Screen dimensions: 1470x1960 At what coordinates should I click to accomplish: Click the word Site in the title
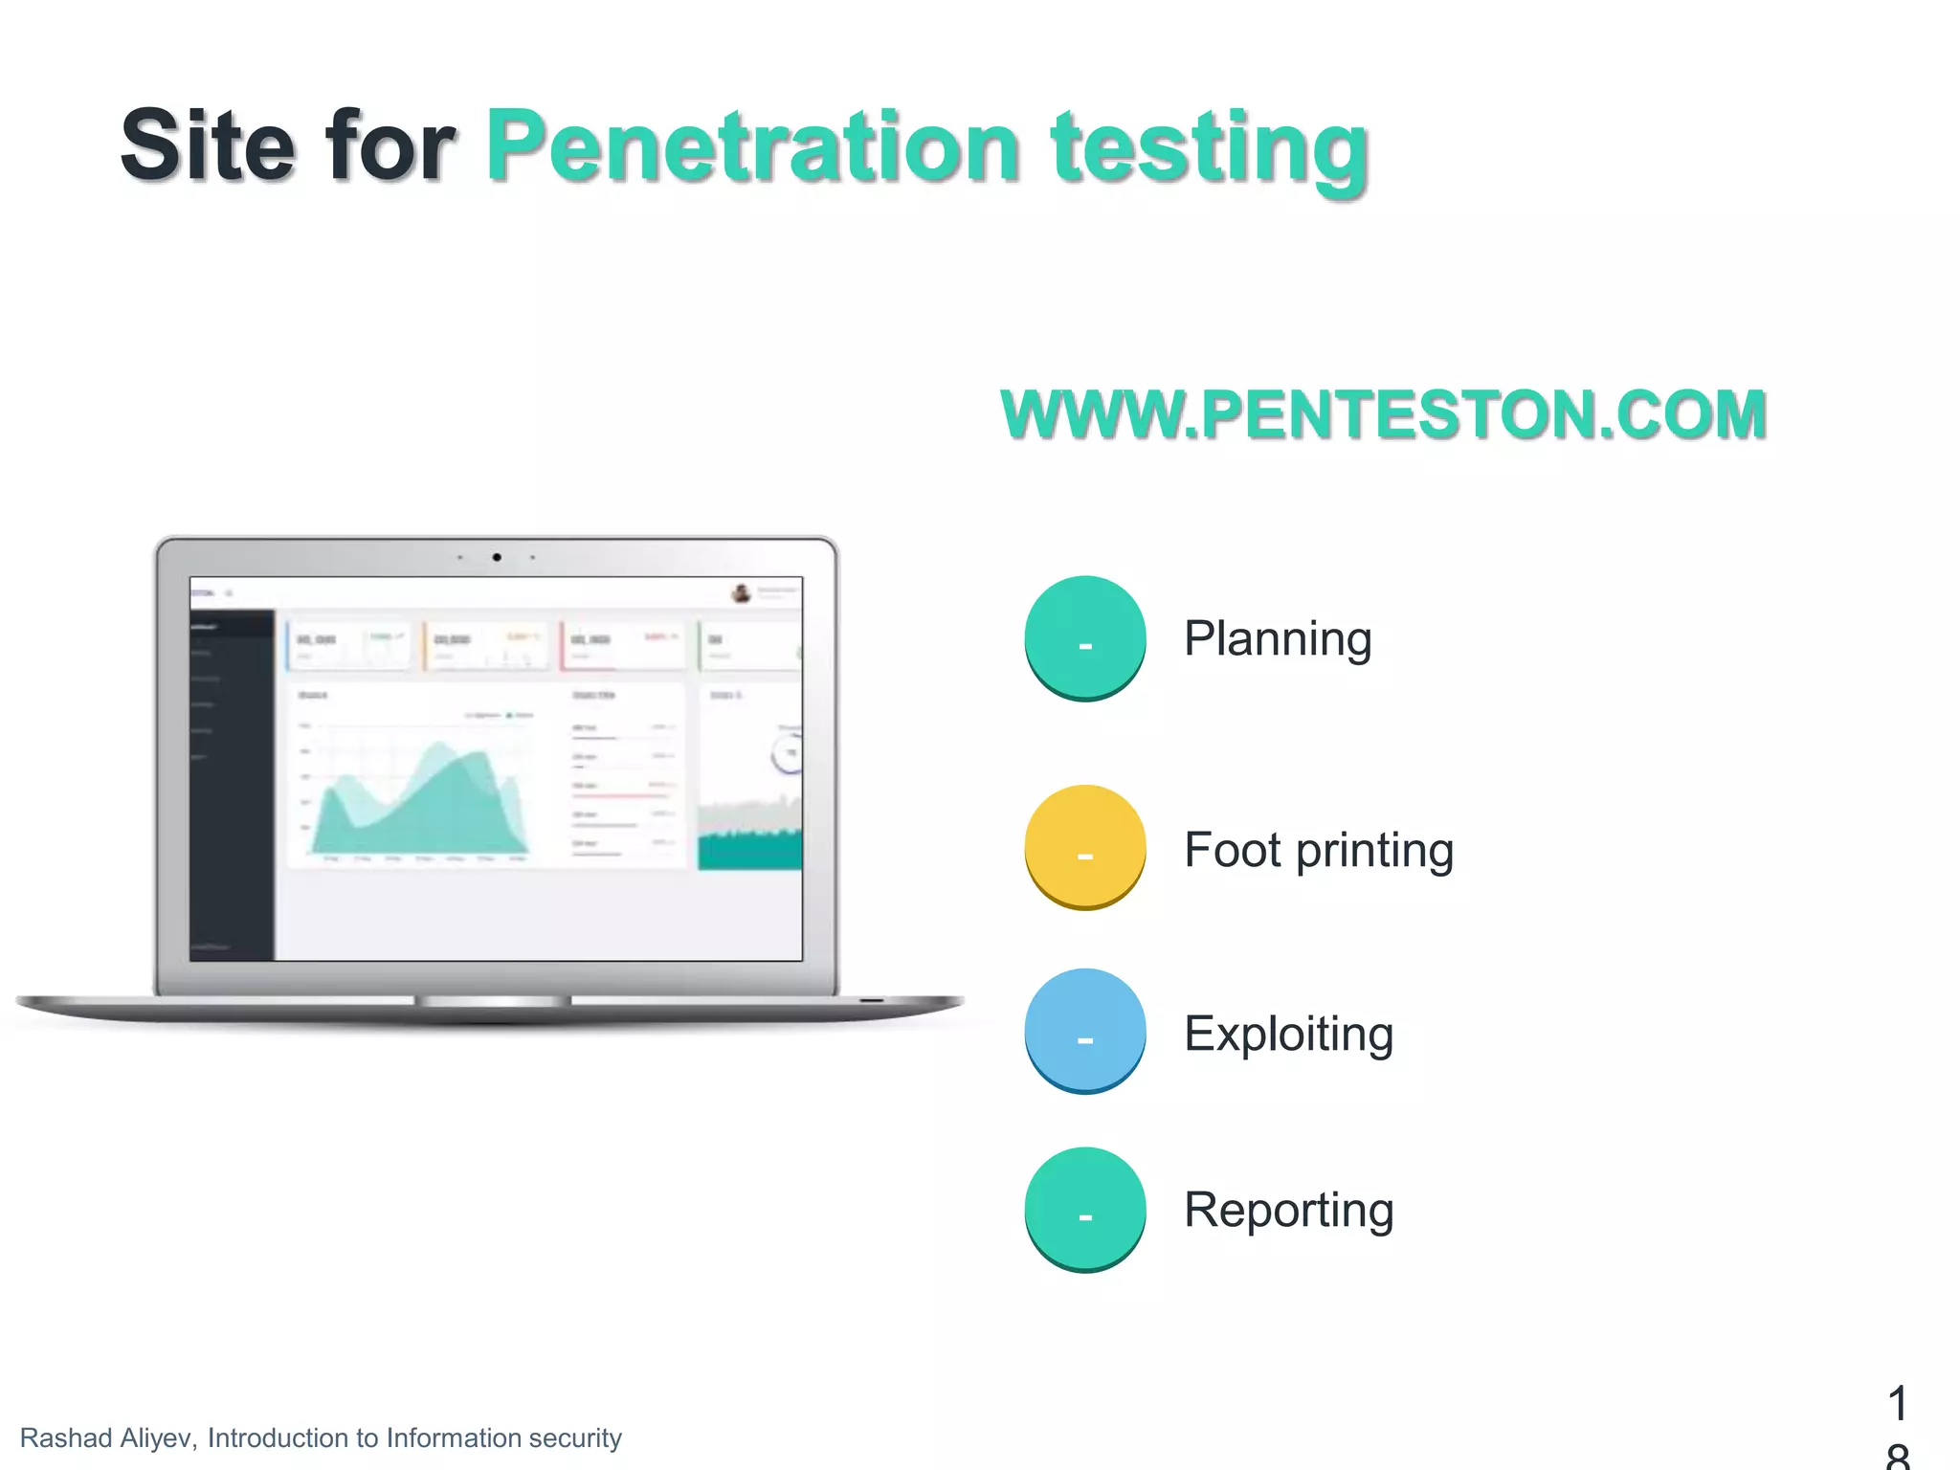click(x=207, y=145)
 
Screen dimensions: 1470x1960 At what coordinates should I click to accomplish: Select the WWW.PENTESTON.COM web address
click(x=1383, y=414)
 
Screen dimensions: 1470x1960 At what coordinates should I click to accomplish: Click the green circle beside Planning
click(x=1085, y=636)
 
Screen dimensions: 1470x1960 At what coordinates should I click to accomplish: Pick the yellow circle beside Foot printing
click(x=1085, y=846)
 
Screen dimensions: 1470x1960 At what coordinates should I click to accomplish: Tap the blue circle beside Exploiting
click(x=1085, y=1030)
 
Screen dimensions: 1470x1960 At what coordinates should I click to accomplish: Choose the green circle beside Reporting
click(x=1085, y=1208)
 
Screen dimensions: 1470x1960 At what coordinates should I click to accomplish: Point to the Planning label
click(x=1278, y=639)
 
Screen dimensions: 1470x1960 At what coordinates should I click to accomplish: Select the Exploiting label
click(x=1288, y=1034)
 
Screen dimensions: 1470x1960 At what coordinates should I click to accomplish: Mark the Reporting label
click(x=1288, y=1210)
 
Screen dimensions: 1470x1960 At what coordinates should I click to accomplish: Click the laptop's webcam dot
click(x=497, y=557)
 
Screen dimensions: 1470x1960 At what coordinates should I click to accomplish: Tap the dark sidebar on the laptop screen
click(x=232, y=785)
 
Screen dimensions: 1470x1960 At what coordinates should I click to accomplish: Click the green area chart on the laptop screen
click(x=421, y=804)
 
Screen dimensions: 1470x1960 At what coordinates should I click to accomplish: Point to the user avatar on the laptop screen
click(x=741, y=593)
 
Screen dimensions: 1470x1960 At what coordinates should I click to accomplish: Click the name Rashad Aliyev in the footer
click(x=107, y=1437)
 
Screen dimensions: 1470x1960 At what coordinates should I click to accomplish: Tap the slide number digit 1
click(x=1898, y=1403)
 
